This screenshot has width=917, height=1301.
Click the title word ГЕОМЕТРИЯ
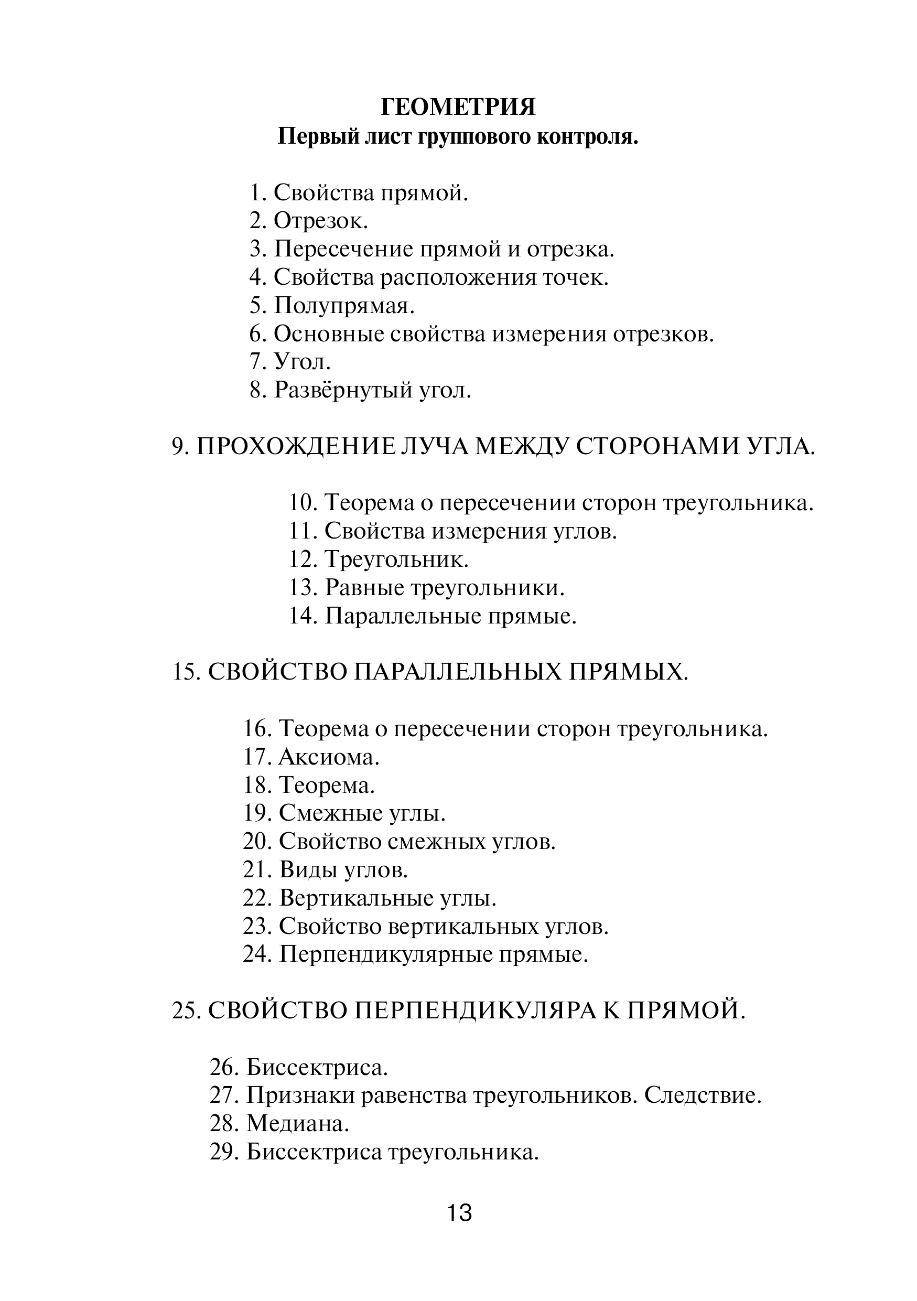458,107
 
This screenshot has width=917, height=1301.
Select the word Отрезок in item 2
320,221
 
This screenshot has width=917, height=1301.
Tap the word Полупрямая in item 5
344,306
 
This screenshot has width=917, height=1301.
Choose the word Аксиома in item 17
329,758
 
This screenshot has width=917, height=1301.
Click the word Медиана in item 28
297,1125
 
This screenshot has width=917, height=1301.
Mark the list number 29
224,1153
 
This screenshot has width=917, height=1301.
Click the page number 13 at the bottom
459,1213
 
